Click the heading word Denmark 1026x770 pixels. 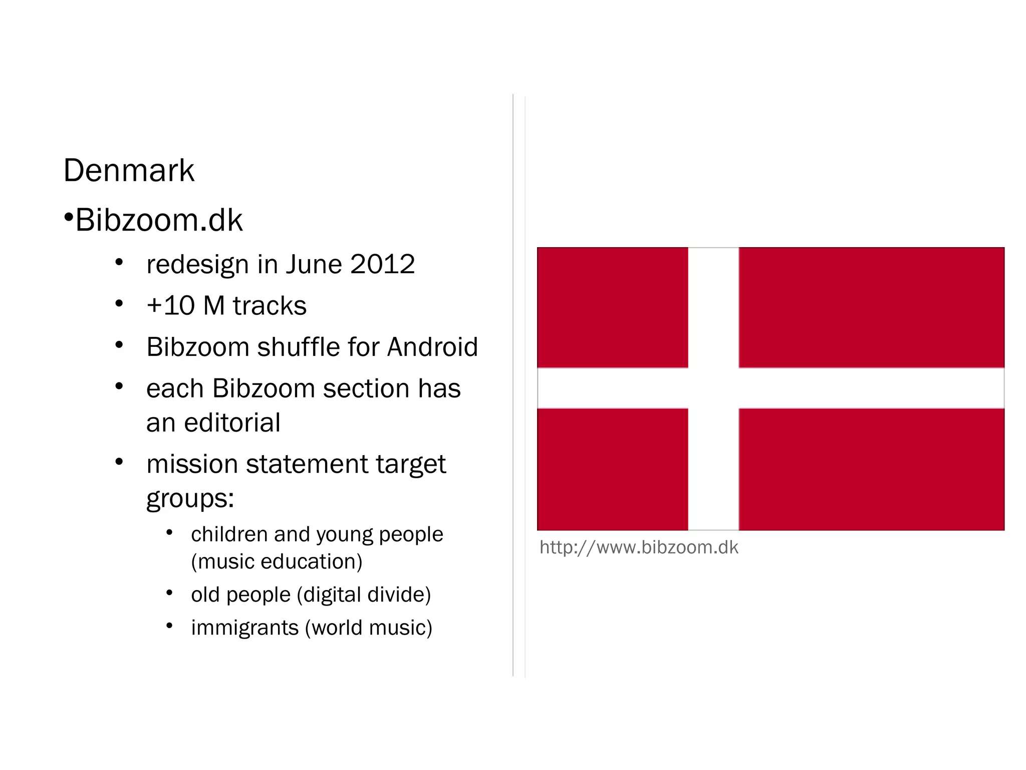pyautogui.click(x=129, y=170)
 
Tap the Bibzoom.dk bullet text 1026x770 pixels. pyautogui.click(x=159, y=220)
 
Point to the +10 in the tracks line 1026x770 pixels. pyautogui.click(x=170, y=306)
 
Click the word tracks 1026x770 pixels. pyautogui.click(x=270, y=306)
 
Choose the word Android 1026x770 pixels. pyautogui.click(x=433, y=347)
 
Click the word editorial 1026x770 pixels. pyautogui.click(x=232, y=423)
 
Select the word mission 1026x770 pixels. pyautogui.click(x=192, y=464)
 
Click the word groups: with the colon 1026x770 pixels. pyautogui.click(x=190, y=499)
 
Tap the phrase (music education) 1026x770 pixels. pyautogui.click(x=277, y=561)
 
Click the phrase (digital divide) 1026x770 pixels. pyautogui.click(x=364, y=595)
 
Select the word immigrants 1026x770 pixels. pyautogui.click(x=244, y=628)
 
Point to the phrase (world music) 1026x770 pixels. pyautogui.click(x=369, y=628)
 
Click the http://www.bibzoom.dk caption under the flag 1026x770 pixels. pyautogui.click(x=639, y=547)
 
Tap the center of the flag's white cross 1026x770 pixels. pyautogui.click(x=713, y=388)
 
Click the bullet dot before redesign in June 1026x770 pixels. pyautogui.click(x=119, y=262)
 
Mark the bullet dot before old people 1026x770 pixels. pyautogui.click(x=169, y=594)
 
